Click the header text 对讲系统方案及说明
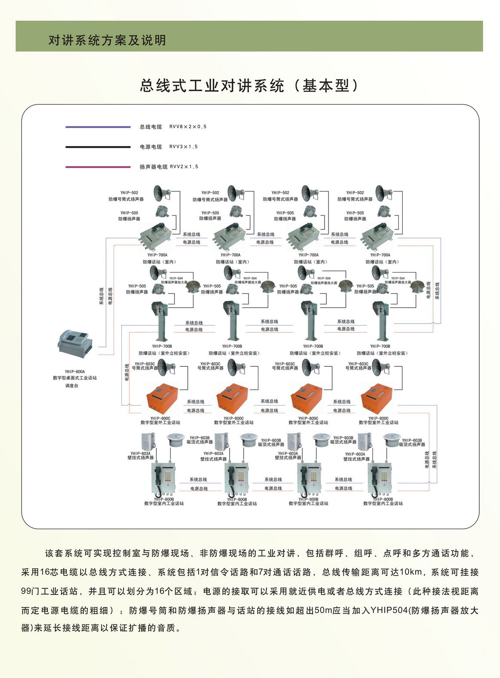pyautogui.click(x=107, y=40)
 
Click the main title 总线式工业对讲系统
pyautogui.click(x=212, y=86)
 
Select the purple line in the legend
pyautogui.click(x=98, y=127)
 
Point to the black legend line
pyautogui.click(x=98, y=147)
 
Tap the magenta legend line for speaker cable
pyautogui.click(x=98, y=167)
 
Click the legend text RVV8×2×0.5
pyautogui.click(x=188, y=127)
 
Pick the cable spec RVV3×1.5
pyautogui.click(x=183, y=147)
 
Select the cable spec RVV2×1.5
pyautogui.click(x=184, y=167)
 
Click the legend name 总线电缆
pyautogui.click(x=151, y=127)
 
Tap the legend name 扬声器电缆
pyautogui.click(x=153, y=167)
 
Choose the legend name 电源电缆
pyautogui.click(x=151, y=147)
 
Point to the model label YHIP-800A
pyautogui.click(x=75, y=372)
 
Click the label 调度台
pyautogui.click(x=72, y=386)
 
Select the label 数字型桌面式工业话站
pyautogui.click(x=75, y=378)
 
